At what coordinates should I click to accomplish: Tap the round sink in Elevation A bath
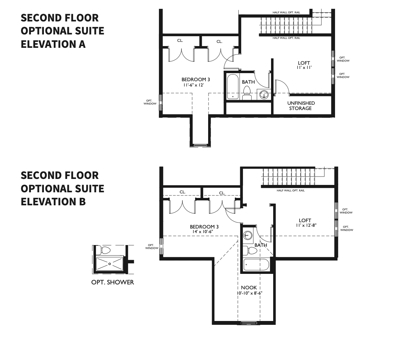tap(264, 95)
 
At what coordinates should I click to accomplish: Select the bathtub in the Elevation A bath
tap(233, 87)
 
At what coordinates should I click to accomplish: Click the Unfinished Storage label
tap(301, 105)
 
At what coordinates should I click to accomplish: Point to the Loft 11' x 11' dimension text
tap(304, 67)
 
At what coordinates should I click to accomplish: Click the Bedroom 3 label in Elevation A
tap(195, 79)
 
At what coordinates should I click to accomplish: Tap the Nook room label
tap(249, 288)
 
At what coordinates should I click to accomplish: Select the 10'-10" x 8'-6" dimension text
tap(249, 293)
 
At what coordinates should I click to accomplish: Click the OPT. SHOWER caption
tap(112, 282)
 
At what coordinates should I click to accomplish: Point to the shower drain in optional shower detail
tap(110, 264)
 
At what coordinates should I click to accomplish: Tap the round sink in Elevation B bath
tap(248, 235)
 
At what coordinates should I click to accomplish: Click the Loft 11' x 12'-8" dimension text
tap(306, 225)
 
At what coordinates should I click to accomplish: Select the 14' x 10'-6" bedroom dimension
tap(203, 232)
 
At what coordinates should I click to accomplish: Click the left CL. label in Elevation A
tap(180, 40)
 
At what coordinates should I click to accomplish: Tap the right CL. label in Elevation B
tap(222, 193)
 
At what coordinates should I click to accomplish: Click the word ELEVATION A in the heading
tap(53, 44)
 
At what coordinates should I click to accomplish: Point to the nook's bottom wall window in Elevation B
tap(247, 323)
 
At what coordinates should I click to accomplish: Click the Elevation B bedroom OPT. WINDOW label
tap(152, 247)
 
